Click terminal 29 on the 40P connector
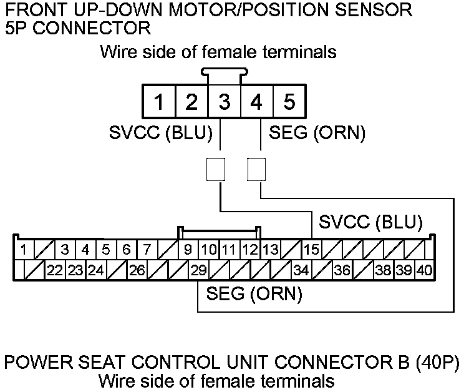(198, 271)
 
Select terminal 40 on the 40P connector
(425, 271)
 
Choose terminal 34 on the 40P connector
(301, 271)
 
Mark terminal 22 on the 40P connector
(56, 271)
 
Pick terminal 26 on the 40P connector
(137, 271)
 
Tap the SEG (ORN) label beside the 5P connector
(316, 133)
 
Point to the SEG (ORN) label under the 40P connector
(254, 293)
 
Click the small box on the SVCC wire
(215, 169)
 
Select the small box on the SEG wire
(256, 169)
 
